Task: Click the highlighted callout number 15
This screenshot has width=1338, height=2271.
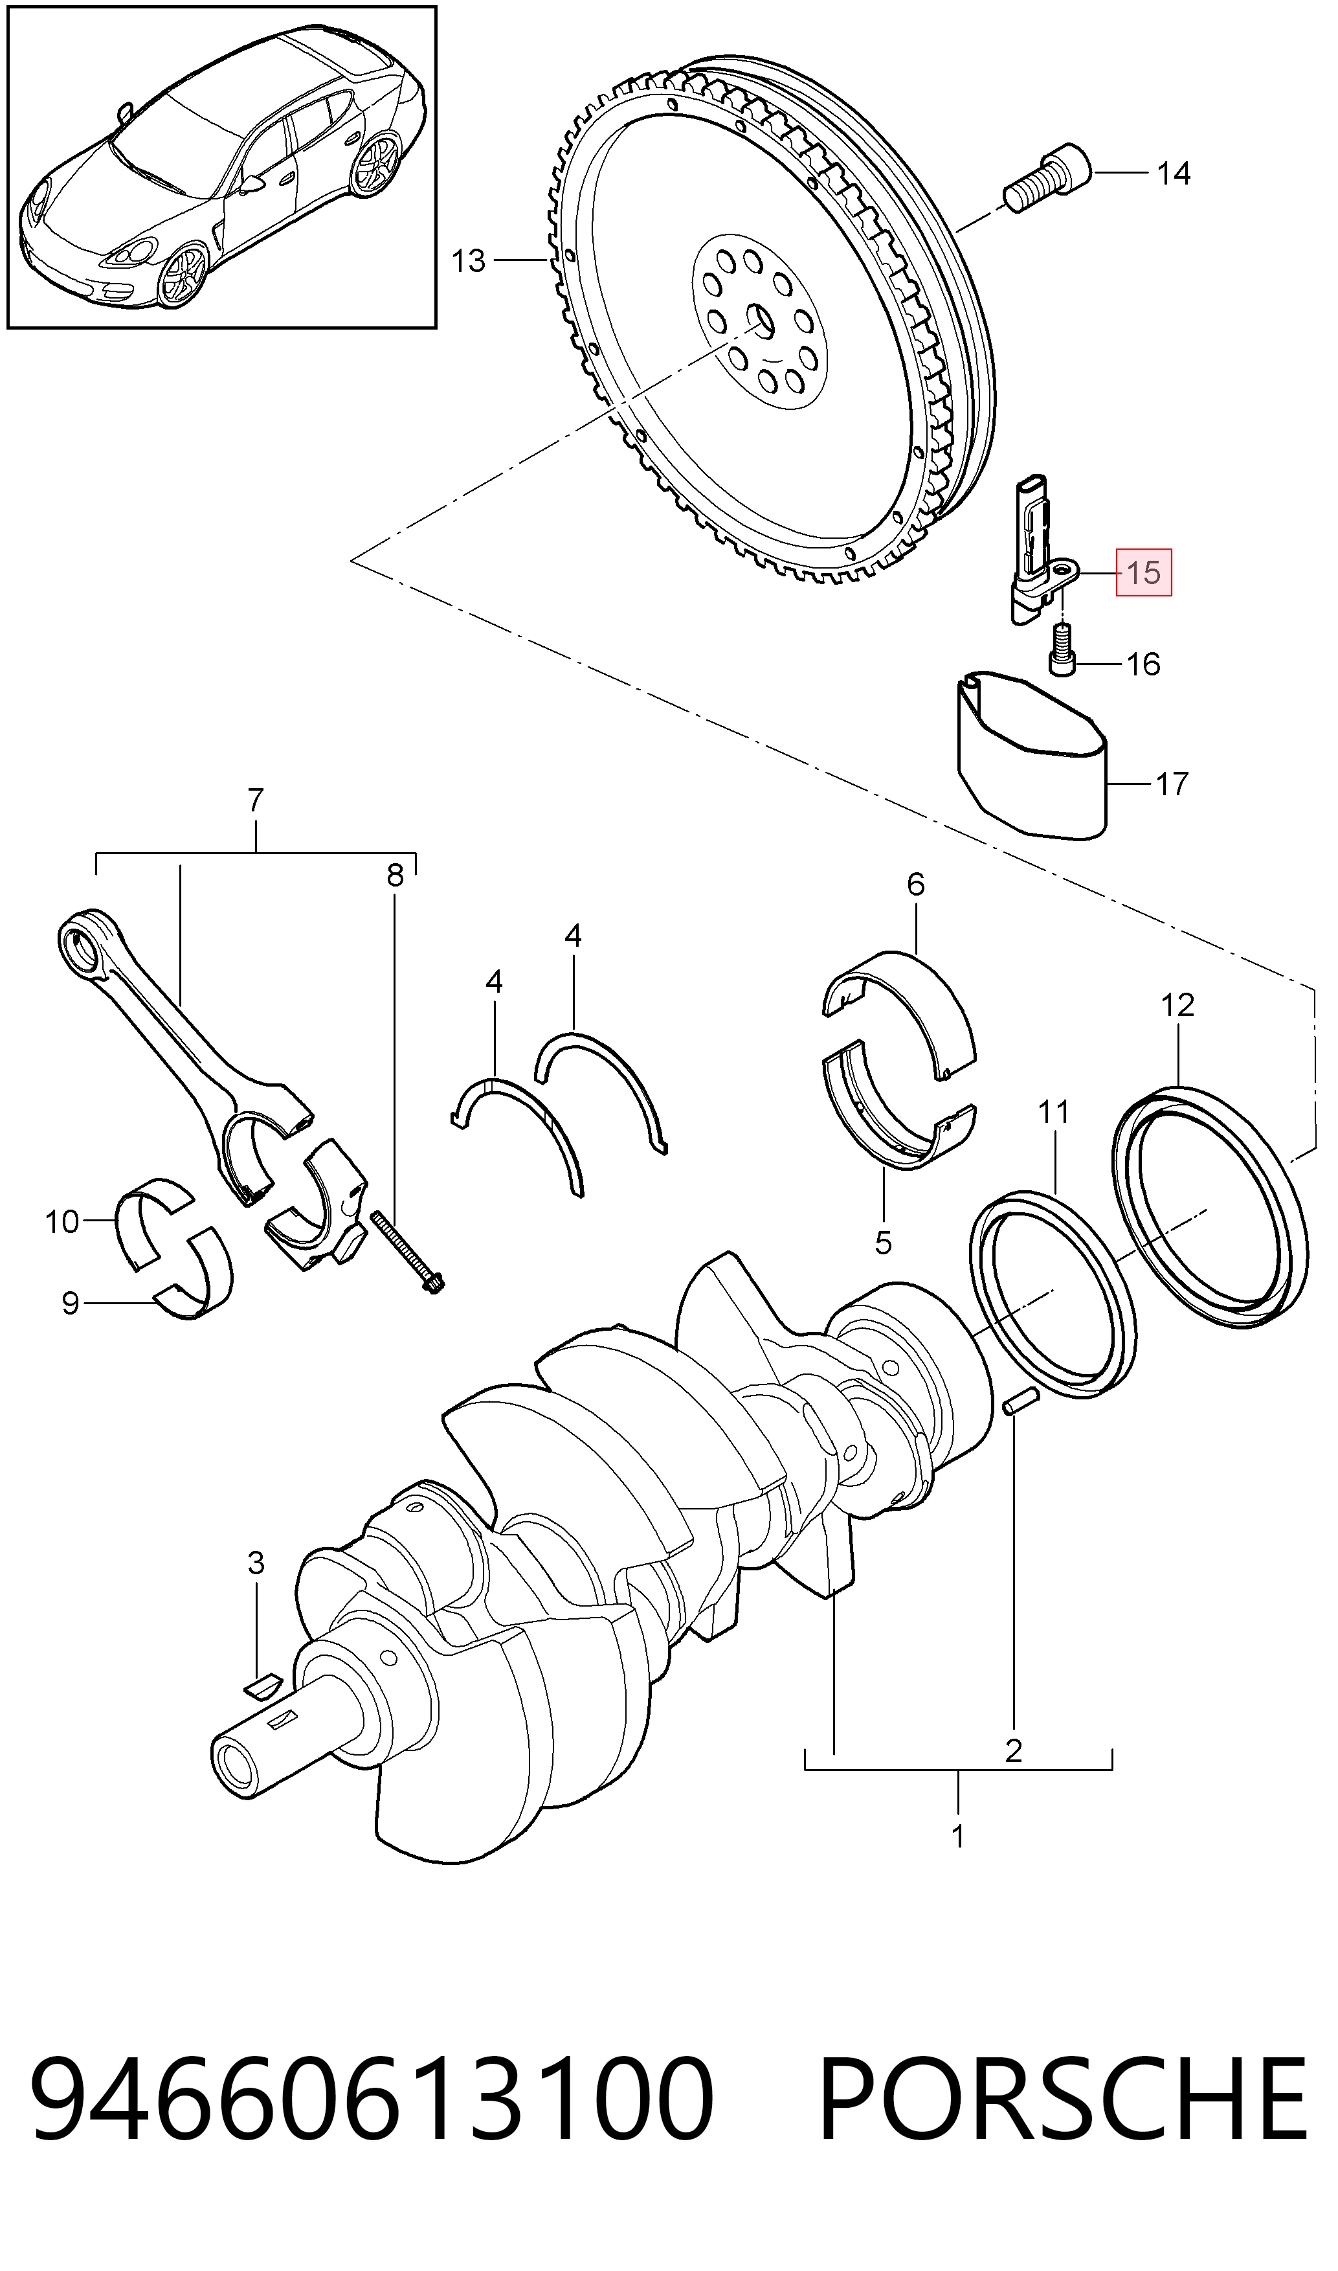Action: (x=1143, y=572)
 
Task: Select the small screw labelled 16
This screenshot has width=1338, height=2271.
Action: (x=1063, y=650)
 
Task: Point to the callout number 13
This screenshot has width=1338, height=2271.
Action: (x=469, y=261)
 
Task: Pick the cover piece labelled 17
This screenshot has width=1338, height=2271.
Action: (x=1031, y=754)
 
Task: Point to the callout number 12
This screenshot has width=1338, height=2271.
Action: (x=1177, y=1005)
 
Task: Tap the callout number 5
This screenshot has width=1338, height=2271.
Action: (x=884, y=1243)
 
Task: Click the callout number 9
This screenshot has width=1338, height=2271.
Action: (x=71, y=1304)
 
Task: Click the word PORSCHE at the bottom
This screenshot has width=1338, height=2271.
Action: (x=1062, y=2103)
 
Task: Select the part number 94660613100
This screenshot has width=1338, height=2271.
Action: (x=372, y=2103)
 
